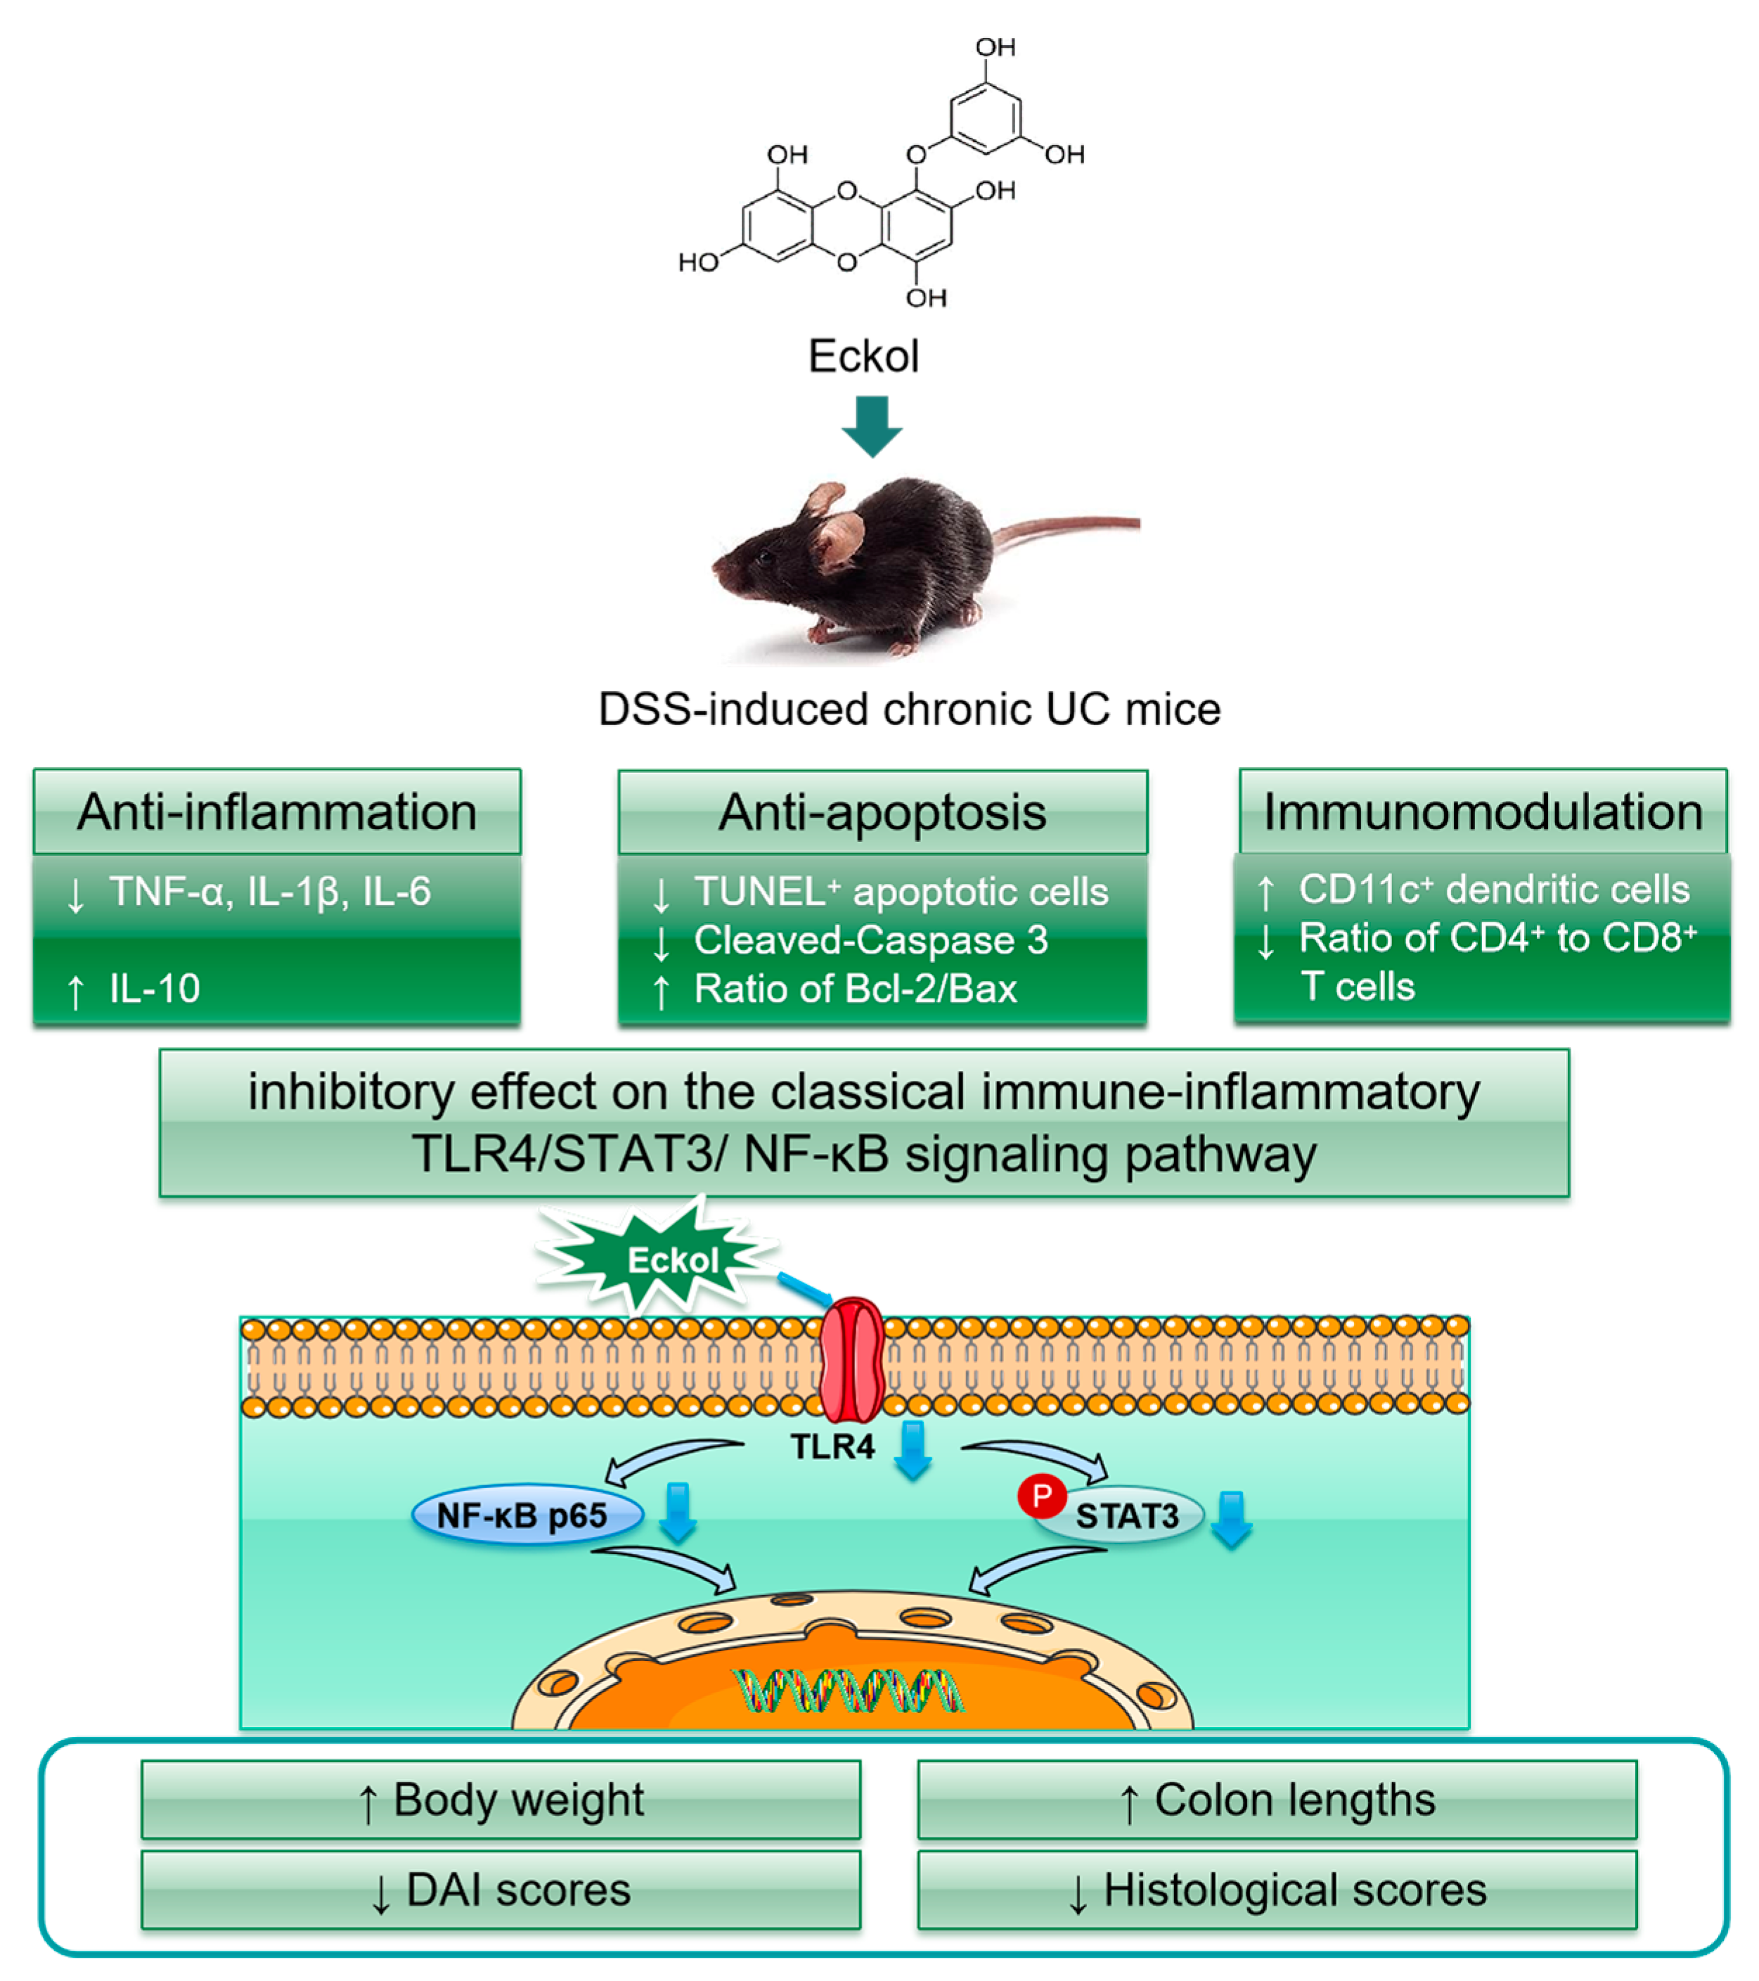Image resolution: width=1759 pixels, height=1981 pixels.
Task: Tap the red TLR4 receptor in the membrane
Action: tap(851, 1359)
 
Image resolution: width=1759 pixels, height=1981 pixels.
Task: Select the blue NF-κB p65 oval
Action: tap(527, 1515)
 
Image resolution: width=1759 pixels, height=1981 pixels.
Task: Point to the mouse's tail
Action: tap(1076, 526)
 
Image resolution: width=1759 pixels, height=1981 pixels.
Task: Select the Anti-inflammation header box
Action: tap(277, 812)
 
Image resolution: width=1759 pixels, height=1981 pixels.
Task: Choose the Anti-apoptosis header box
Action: tap(882, 812)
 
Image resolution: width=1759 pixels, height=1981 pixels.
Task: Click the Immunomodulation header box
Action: tap(1482, 812)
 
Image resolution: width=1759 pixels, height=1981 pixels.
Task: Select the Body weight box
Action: tap(500, 1800)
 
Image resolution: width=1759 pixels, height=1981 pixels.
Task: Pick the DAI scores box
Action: tap(500, 1890)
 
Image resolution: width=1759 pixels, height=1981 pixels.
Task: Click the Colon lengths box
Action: tap(1277, 1800)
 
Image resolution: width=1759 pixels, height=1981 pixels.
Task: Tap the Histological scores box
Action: tap(1277, 1890)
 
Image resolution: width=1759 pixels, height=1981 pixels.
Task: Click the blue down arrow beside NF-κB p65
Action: tap(678, 1512)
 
